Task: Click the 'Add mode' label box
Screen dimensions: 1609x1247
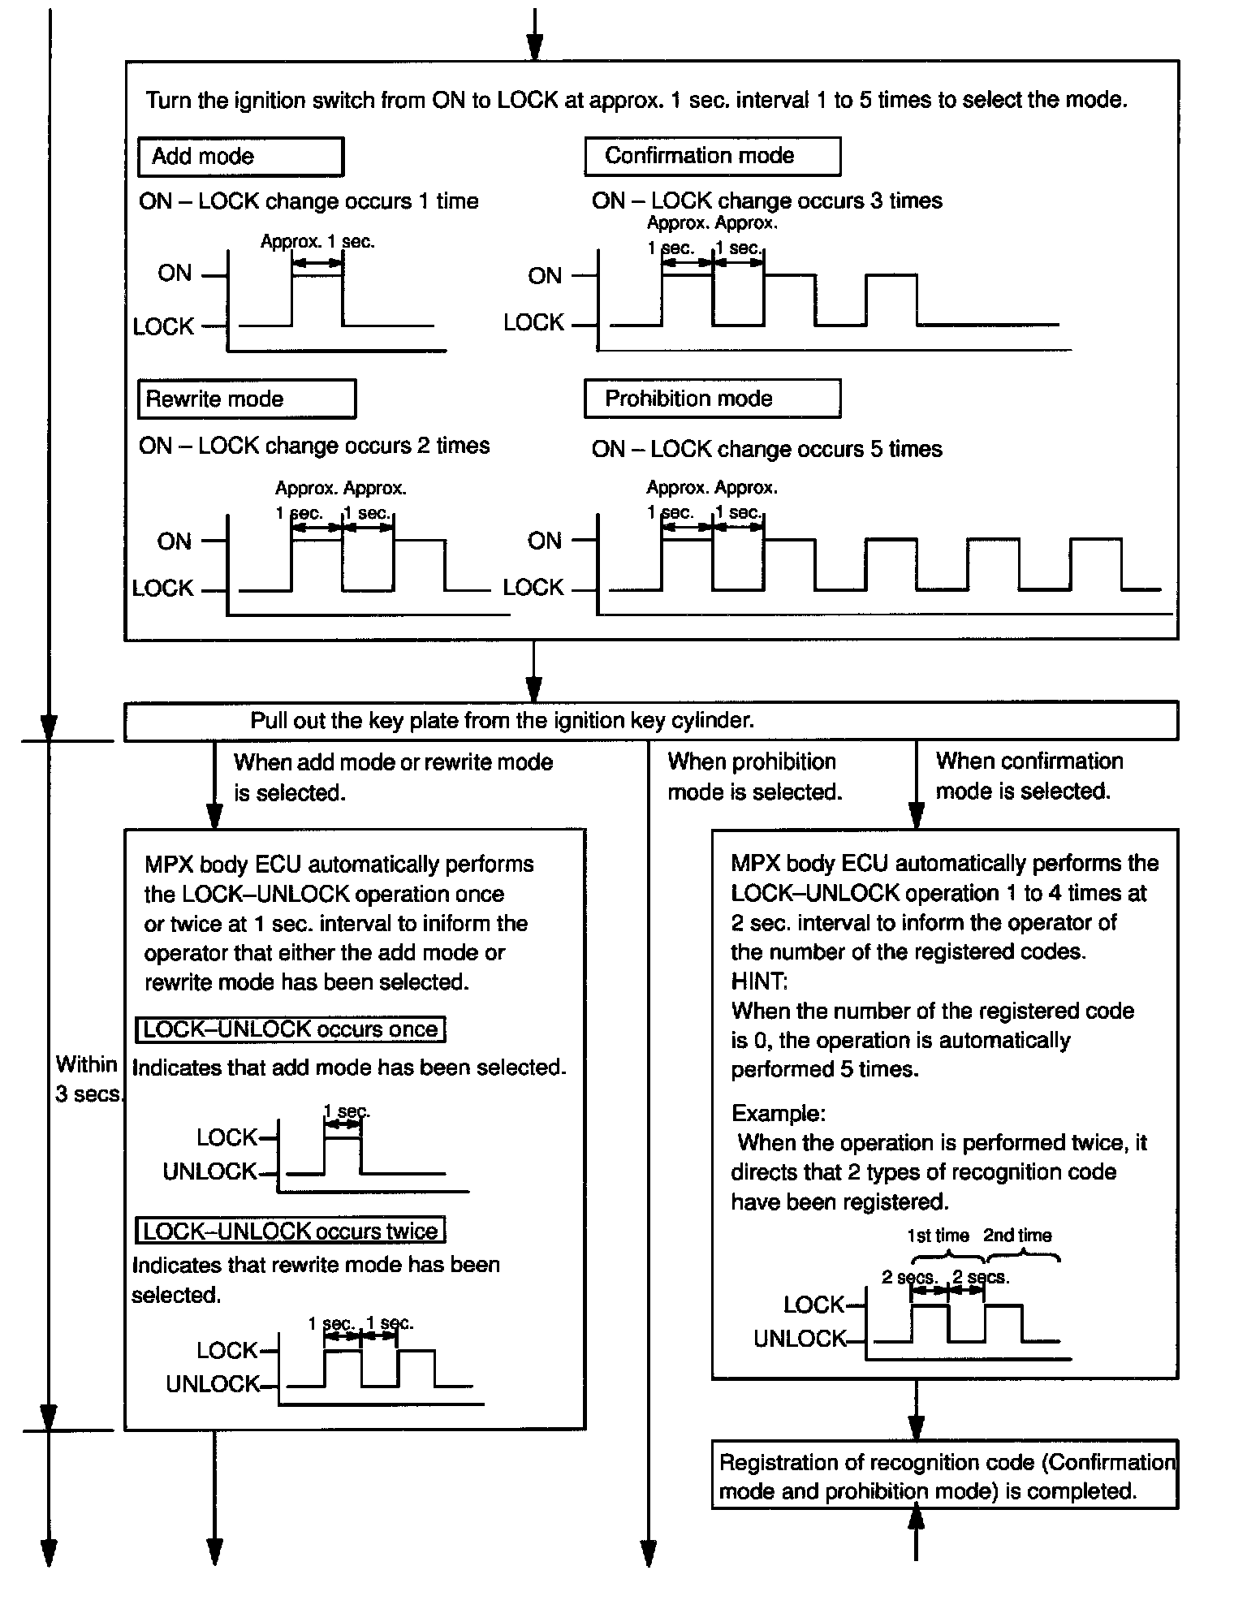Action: pos(240,157)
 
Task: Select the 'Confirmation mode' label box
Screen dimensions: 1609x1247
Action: pos(712,156)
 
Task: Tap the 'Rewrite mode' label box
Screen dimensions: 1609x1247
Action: pos(246,399)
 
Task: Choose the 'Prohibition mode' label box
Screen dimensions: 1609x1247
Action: pos(712,399)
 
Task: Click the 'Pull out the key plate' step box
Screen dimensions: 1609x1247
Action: pos(650,721)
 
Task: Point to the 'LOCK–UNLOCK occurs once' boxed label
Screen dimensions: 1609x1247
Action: pos(291,1029)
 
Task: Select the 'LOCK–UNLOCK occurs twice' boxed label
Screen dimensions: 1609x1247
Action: pos(291,1231)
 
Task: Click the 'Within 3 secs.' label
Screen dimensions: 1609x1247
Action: pos(88,1079)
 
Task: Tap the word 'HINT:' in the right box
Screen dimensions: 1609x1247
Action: pos(759,981)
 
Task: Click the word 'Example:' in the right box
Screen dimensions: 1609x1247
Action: pos(778,1113)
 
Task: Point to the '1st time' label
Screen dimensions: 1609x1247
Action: pos(938,1236)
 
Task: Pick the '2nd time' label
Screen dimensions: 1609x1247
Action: pos(1017,1236)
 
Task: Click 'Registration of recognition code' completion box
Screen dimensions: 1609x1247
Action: pos(944,1477)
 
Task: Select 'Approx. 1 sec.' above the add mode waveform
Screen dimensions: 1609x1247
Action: pos(317,241)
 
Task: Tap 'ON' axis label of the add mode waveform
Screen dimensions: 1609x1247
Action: pos(175,274)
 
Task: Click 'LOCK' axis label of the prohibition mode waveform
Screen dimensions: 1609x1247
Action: pos(533,588)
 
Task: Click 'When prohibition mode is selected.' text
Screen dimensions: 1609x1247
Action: pos(754,777)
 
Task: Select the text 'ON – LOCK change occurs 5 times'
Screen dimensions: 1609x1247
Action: pos(766,449)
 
